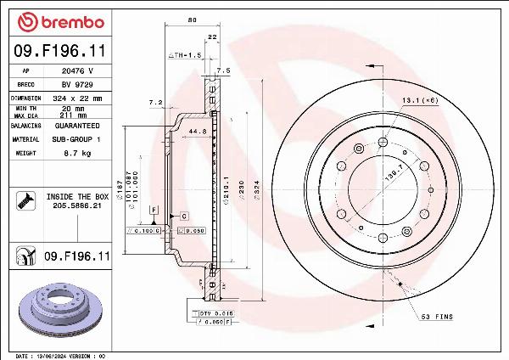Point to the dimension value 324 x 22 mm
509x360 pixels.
[x=79, y=98]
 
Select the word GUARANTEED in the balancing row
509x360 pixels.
[x=78, y=125]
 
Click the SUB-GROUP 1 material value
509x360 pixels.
[x=78, y=138]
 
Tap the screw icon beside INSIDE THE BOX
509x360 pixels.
[x=25, y=201]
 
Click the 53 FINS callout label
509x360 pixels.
[x=438, y=317]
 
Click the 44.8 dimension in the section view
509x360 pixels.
[x=197, y=132]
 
